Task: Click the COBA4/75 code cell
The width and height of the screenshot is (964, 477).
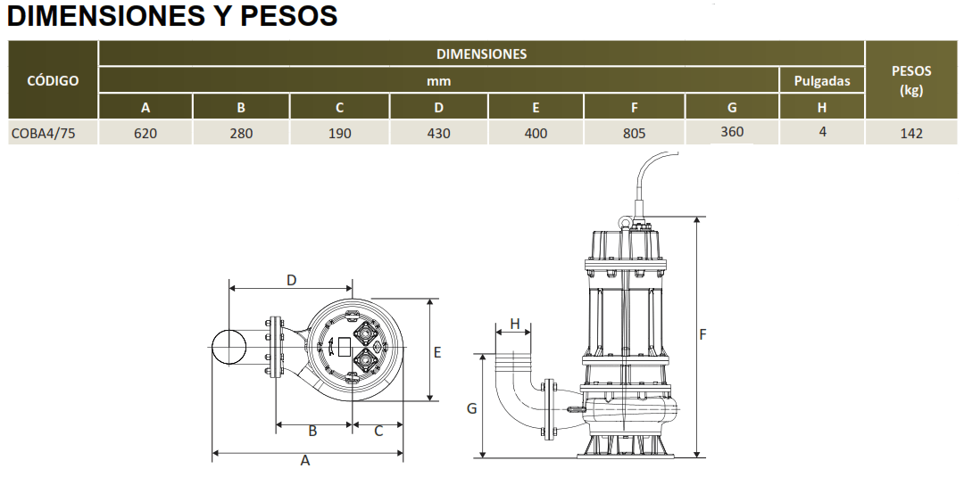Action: (x=44, y=133)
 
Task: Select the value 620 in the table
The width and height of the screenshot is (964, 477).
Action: (x=145, y=133)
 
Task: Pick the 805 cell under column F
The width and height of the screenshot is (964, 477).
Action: (x=634, y=133)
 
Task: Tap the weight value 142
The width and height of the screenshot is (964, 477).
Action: (x=911, y=133)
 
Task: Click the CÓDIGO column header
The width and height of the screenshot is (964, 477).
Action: (x=53, y=80)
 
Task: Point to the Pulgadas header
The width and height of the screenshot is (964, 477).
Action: (x=822, y=80)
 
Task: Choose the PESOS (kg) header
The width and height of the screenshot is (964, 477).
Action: (x=911, y=80)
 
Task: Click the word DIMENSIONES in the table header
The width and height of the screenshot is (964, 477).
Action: (x=481, y=54)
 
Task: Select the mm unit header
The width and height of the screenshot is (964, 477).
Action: (x=438, y=81)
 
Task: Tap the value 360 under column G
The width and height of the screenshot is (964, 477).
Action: (x=732, y=131)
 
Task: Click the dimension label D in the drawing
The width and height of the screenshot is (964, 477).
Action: (x=291, y=280)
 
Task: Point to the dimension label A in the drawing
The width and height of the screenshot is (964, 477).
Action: (x=305, y=460)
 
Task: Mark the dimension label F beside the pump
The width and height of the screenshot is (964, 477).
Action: (x=702, y=334)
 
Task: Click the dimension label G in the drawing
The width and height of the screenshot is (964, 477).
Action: (x=471, y=408)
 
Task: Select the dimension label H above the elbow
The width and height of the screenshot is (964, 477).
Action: (x=515, y=324)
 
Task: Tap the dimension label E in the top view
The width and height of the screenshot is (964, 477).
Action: (x=437, y=352)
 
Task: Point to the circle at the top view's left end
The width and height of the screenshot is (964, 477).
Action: (x=229, y=347)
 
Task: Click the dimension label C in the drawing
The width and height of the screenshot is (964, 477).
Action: (x=378, y=431)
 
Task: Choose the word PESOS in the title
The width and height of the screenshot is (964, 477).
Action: (x=289, y=16)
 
